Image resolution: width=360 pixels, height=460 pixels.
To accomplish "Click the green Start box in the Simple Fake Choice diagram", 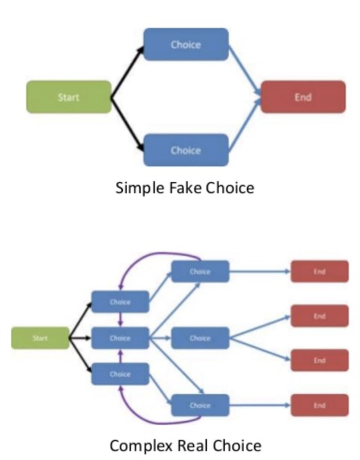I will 68,97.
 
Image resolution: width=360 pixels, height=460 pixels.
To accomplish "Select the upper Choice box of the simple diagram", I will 186,45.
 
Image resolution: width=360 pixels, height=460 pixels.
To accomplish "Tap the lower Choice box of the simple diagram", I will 186,150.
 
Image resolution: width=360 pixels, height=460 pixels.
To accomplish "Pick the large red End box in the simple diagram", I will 303,97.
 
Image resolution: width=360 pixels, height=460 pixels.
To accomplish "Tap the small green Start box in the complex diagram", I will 40,338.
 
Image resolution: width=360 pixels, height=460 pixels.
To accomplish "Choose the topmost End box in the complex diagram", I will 320,272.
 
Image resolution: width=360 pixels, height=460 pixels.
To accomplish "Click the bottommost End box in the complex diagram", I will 320,405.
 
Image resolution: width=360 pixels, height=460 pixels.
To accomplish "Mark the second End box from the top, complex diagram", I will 320,316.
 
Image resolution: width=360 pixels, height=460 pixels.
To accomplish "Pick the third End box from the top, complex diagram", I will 320,360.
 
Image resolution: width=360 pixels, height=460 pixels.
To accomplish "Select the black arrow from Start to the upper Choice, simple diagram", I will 127,71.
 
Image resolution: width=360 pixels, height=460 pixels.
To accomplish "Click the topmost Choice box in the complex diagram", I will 200,272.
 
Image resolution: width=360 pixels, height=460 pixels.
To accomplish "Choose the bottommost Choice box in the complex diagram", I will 200,405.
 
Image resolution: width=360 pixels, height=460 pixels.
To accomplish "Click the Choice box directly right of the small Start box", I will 120,338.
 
